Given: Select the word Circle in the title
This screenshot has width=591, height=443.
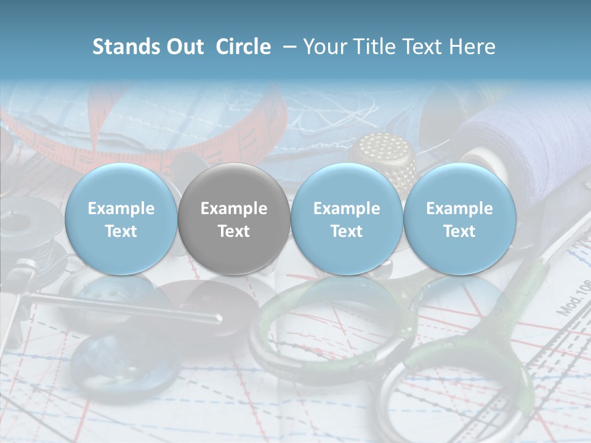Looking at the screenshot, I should (243, 47).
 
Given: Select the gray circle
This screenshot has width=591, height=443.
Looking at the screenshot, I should (234, 219).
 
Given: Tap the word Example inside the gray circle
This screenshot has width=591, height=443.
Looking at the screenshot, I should (234, 209).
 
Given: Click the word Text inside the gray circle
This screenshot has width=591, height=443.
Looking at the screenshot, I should (234, 231).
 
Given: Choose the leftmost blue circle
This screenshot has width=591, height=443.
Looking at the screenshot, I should (121, 219).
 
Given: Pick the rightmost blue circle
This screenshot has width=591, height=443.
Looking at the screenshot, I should (460, 219).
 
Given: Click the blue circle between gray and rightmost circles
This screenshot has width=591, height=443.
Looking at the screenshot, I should (347, 219).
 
